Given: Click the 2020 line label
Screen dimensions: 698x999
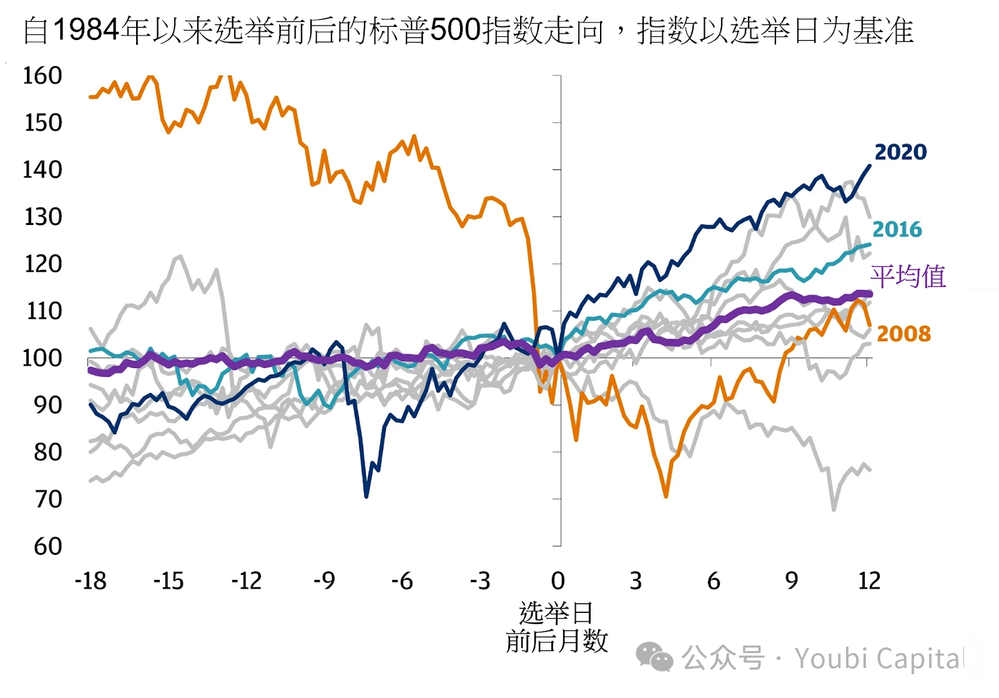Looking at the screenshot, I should point(900,152).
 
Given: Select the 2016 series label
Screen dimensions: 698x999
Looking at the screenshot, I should point(897,229).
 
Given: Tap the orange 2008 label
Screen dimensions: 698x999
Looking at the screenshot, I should point(903,334).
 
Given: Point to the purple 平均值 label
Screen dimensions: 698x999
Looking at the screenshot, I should point(908,276).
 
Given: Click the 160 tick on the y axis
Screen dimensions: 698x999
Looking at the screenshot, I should point(42,76).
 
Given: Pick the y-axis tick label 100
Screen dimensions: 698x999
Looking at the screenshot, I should point(42,358).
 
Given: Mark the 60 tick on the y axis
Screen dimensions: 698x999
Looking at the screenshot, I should point(47,547).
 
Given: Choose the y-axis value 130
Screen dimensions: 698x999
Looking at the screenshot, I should point(42,217).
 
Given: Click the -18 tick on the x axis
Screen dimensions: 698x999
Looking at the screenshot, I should point(91,581).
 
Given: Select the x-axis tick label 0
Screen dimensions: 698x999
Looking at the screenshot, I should point(558,581).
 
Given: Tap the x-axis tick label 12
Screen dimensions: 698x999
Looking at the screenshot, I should point(869,581).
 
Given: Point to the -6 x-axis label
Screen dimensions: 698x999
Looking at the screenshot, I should point(402,581).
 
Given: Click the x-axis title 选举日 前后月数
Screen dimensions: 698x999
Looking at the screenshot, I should point(556,627).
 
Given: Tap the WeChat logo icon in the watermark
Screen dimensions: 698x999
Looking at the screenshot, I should point(654,657).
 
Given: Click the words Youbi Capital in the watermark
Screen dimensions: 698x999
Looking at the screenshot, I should point(881,659).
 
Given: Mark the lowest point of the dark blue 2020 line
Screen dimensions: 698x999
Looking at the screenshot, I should point(367,497).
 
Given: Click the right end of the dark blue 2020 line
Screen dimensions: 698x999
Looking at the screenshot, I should point(870,166).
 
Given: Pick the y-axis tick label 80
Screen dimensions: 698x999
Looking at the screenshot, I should point(47,452).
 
